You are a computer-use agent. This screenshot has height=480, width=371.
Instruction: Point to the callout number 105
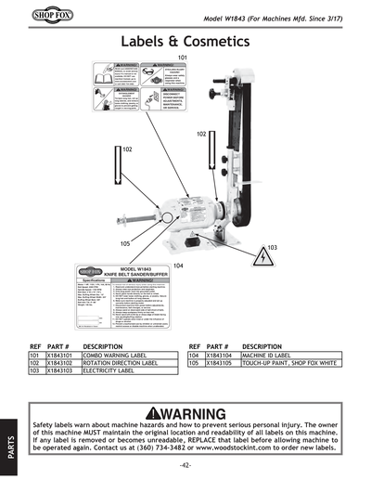tap(125, 243)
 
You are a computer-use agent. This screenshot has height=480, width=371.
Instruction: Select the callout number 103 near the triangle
tap(272, 248)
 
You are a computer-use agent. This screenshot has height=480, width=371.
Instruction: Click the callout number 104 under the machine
tap(179, 266)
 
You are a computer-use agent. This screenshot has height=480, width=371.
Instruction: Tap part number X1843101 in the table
tap(60, 355)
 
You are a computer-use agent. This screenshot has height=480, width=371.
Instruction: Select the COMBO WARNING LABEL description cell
tap(114, 355)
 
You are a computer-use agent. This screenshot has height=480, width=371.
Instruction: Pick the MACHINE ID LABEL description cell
tap(269, 355)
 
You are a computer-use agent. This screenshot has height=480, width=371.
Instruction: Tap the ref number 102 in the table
tap(34, 363)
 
